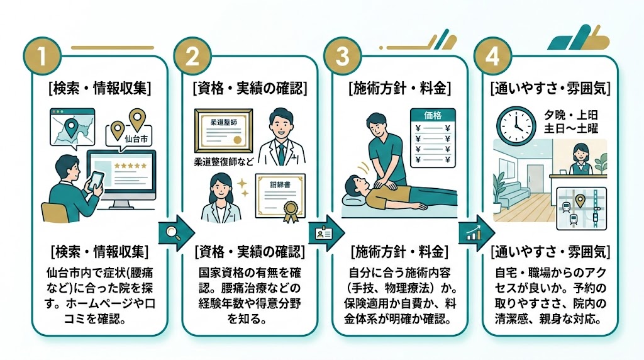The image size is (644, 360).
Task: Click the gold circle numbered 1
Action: coord(43,57)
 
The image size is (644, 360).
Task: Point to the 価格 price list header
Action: coord(434,116)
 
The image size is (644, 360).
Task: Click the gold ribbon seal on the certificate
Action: coord(291,211)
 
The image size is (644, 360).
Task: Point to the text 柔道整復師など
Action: coord(225,162)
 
